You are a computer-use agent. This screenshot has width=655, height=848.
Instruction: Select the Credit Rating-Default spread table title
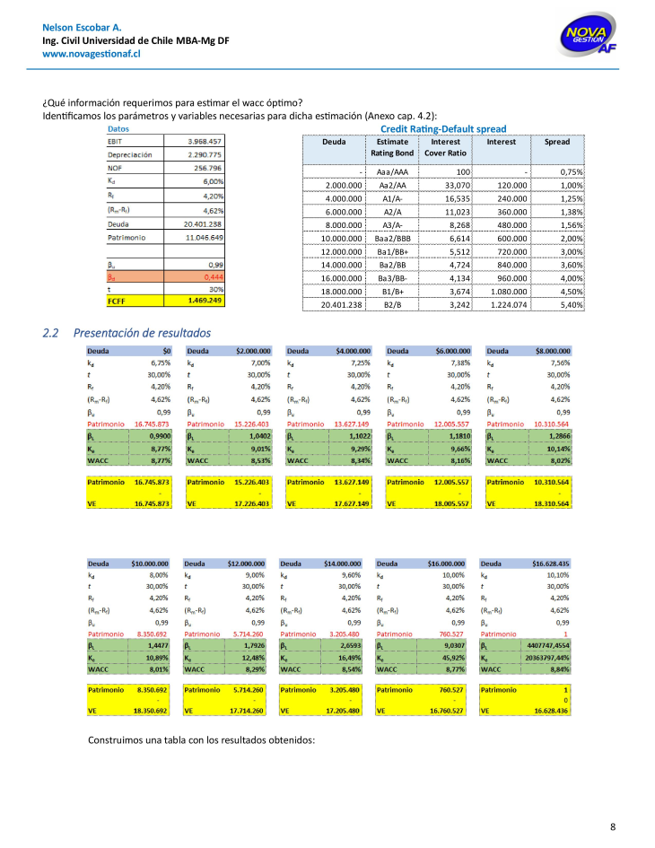click(x=443, y=128)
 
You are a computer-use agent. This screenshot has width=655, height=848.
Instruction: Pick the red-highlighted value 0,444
click(x=210, y=277)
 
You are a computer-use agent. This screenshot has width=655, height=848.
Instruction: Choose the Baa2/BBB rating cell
click(x=393, y=240)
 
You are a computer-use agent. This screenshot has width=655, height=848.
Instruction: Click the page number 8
click(x=612, y=826)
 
